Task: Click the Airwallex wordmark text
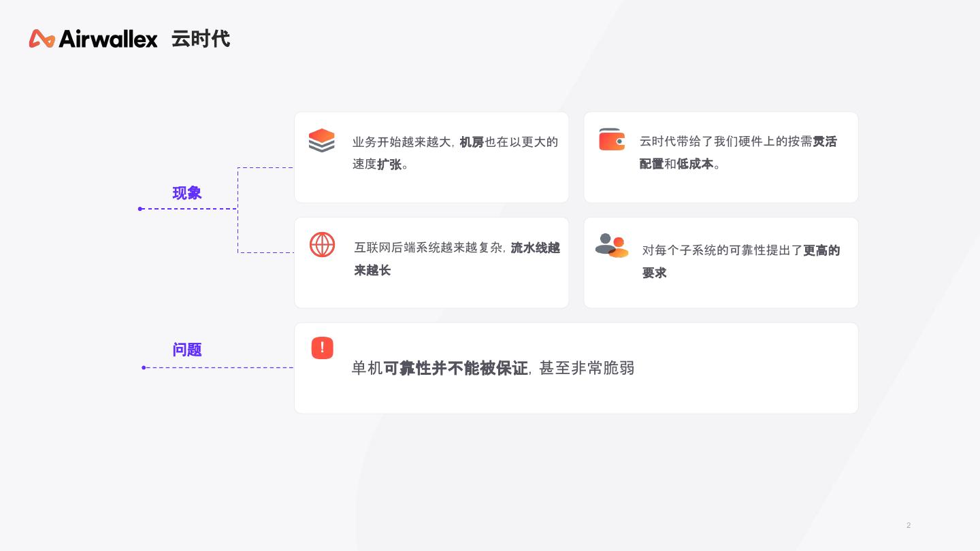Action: tap(108, 39)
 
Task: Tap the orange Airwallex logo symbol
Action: tap(42, 39)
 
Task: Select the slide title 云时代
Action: tap(201, 39)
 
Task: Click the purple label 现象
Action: tap(187, 193)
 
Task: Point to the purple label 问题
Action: tap(187, 350)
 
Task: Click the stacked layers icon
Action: tap(322, 140)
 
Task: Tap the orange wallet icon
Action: tap(612, 139)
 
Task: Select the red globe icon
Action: tap(323, 245)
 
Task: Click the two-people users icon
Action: tap(612, 246)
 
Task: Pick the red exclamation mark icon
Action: tap(323, 348)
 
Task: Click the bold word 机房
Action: tap(472, 142)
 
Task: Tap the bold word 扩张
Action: tap(389, 165)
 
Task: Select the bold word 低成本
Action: tap(695, 164)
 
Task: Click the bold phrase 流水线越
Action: tap(536, 248)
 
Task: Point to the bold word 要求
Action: tap(655, 273)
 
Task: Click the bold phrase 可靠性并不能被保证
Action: tap(456, 368)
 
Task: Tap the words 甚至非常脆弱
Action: tap(587, 368)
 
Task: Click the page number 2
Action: tap(909, 525)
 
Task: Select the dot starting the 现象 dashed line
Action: tap(140, 209)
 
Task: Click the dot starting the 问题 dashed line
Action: tap(144, 368)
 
